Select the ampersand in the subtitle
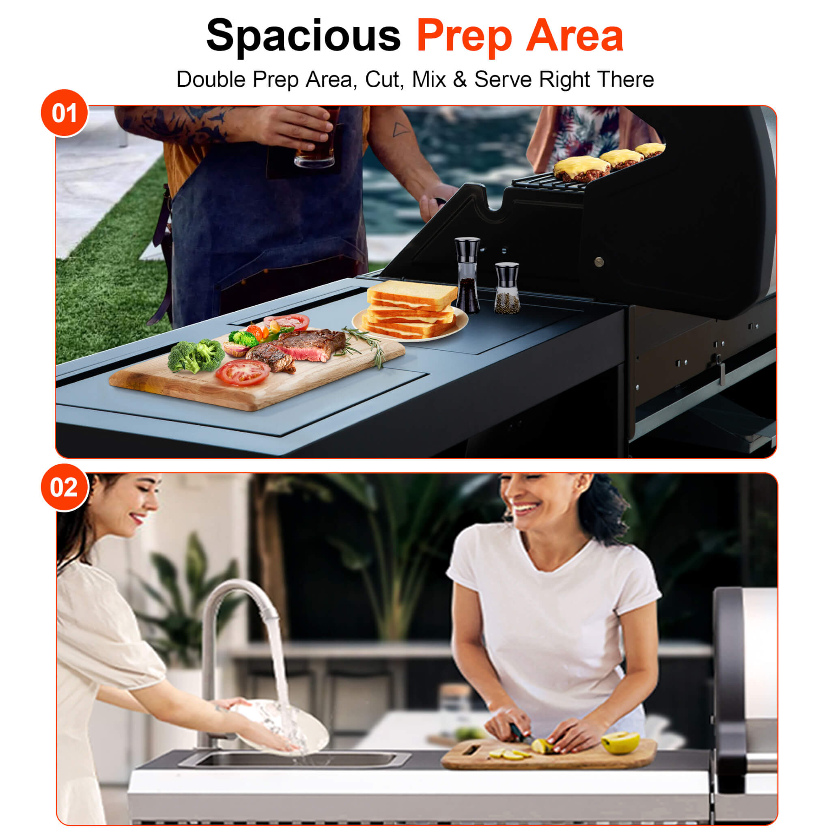459,80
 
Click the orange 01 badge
65,113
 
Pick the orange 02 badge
65,488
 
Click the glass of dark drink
316,138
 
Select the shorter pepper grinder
507,288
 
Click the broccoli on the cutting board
196,355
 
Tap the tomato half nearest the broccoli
243,372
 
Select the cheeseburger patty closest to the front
581,169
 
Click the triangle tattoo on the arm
400,129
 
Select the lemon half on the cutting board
620,742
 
